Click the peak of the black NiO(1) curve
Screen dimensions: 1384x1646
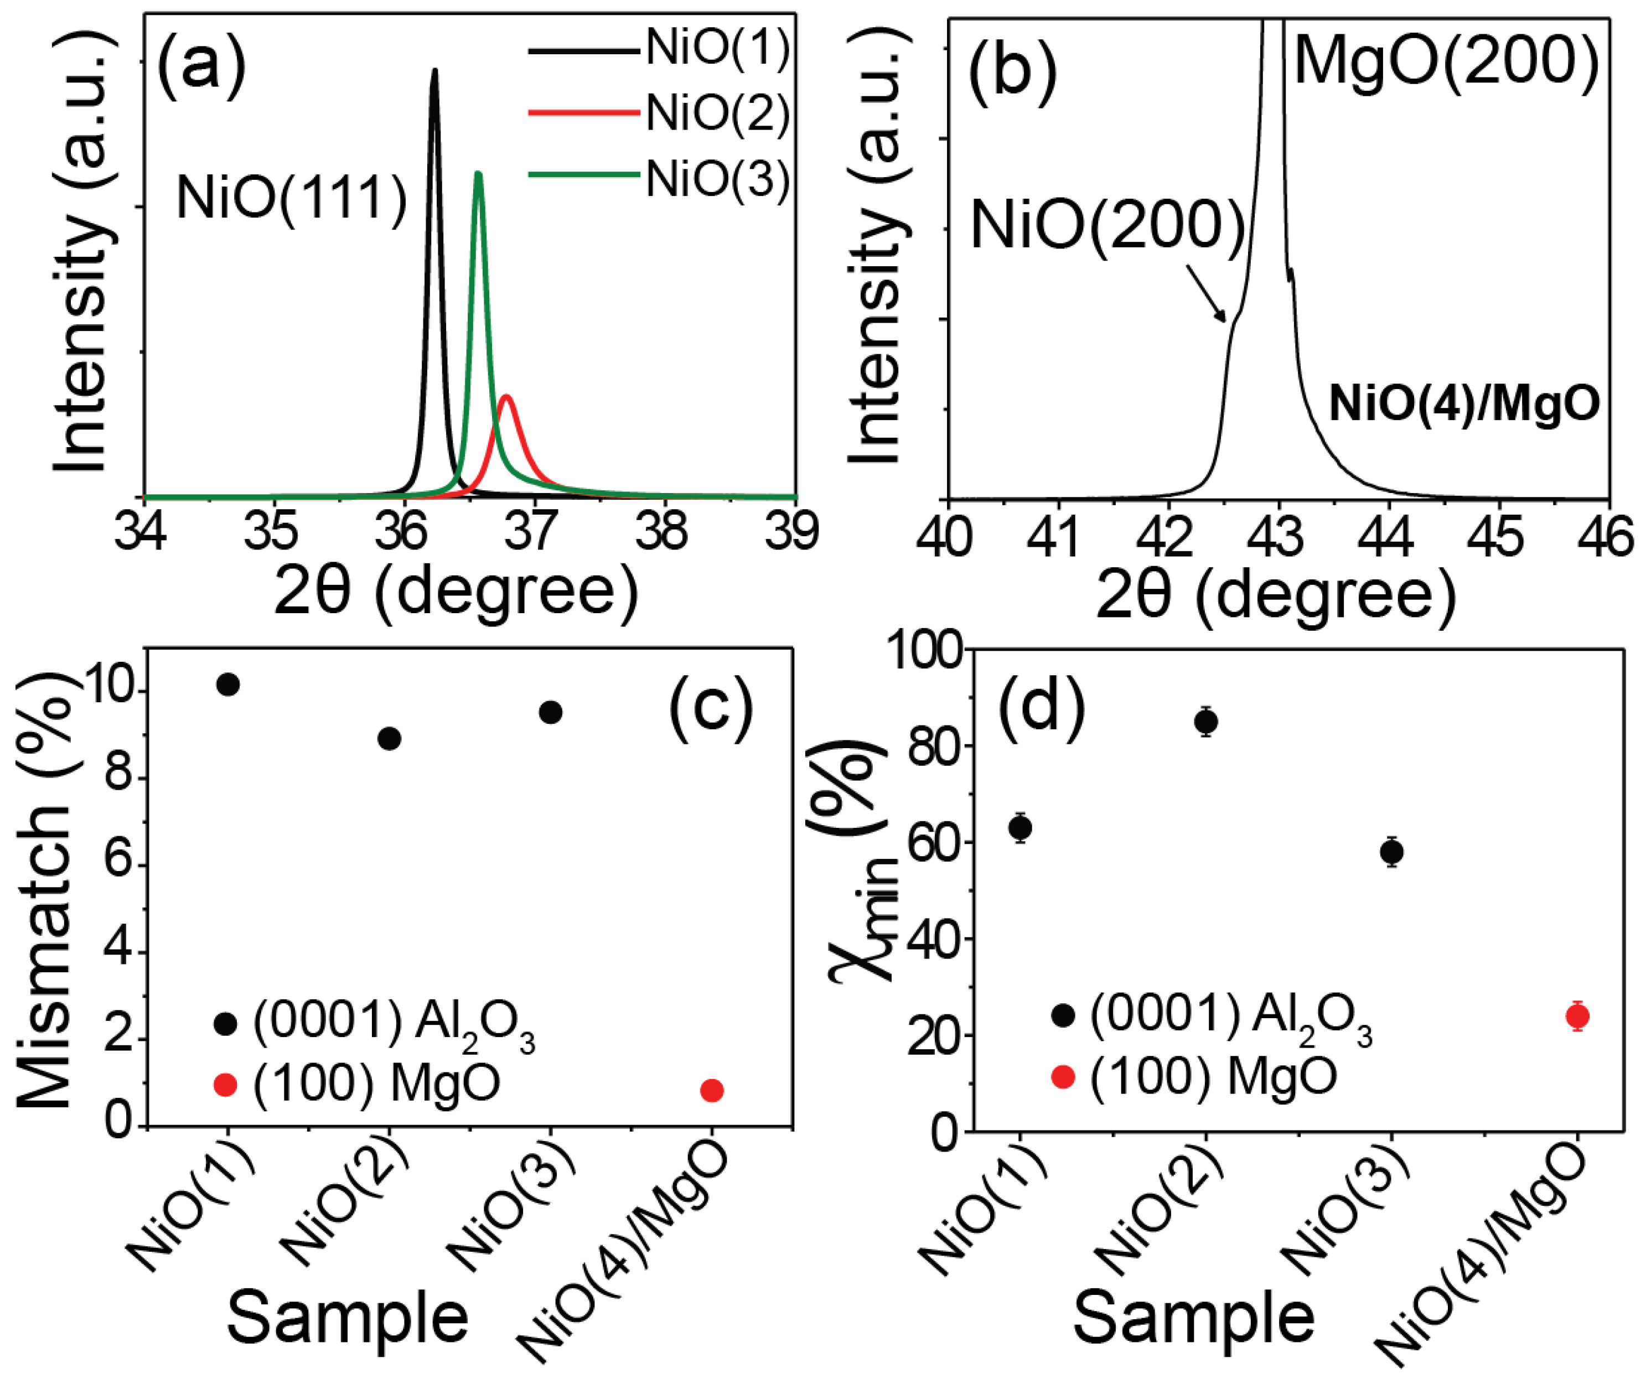click(x=434, y=71)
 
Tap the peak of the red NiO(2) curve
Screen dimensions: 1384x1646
click(x=506, y=397)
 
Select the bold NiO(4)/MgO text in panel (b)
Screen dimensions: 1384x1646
click(x=1463, y=405)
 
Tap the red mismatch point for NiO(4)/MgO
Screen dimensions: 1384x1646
click(x=712, y=1091)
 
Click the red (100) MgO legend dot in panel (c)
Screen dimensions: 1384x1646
click(x=225, y=1085)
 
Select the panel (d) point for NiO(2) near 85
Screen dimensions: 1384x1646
click(x=1206, y=721)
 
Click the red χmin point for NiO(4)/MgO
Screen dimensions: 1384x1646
click(x=1577, y=1017)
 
